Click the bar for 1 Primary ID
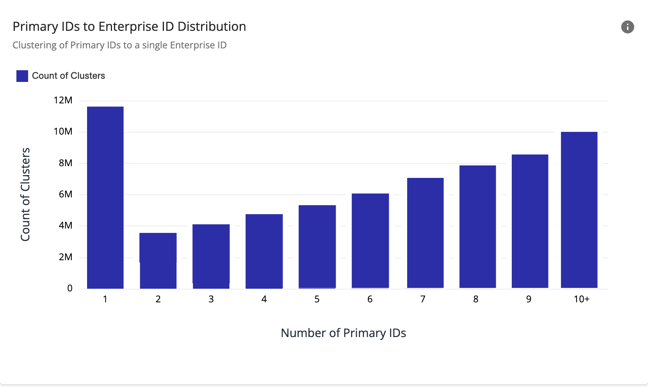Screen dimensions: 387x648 pyautogui.click(x=105, y=197)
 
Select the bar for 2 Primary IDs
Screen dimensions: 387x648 pyautogui.click(x=158, y=261)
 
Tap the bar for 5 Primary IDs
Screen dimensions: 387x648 pyautogui.click(x=317, y=247)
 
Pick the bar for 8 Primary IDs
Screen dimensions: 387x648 pyautogui.click(x=477, y=227)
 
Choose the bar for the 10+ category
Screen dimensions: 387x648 pyautogui.click(x=579, y=210)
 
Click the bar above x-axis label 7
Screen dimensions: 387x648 pyautogui.click(x=425, y=233)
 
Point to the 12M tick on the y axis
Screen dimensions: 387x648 pyautogui.click(x=63, y=100)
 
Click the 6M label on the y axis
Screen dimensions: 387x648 pyautogui.click(x=65, y=194)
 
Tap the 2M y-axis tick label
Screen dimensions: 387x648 pyautogui.click(x=65, y=257)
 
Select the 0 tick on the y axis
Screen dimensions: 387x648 pyautogui.click(x=70, y=288)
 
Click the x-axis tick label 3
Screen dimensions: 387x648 pyautogui.click(x=211, y=299)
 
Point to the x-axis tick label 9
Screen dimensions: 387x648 pyautogui.click(x=529, y=299)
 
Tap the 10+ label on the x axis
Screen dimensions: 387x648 pyautogui.click(x=581, y=299)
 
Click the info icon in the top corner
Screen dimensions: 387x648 pyautogui.click(x=627, y=27)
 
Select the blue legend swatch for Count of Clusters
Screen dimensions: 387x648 pyautogui.click(x=22, y=76)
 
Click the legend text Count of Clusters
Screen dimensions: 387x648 pyautogui.click(x=68, y=76)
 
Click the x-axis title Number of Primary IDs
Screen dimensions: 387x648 pyautogui.click(x=343, y=333)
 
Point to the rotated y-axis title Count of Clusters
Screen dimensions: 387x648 pyautogui.click(x=25, y=194)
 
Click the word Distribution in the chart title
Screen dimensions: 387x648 pyautogui.click(x=212, y=27)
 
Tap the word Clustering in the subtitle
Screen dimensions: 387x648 pyautogui.click(x=34, y=45)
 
